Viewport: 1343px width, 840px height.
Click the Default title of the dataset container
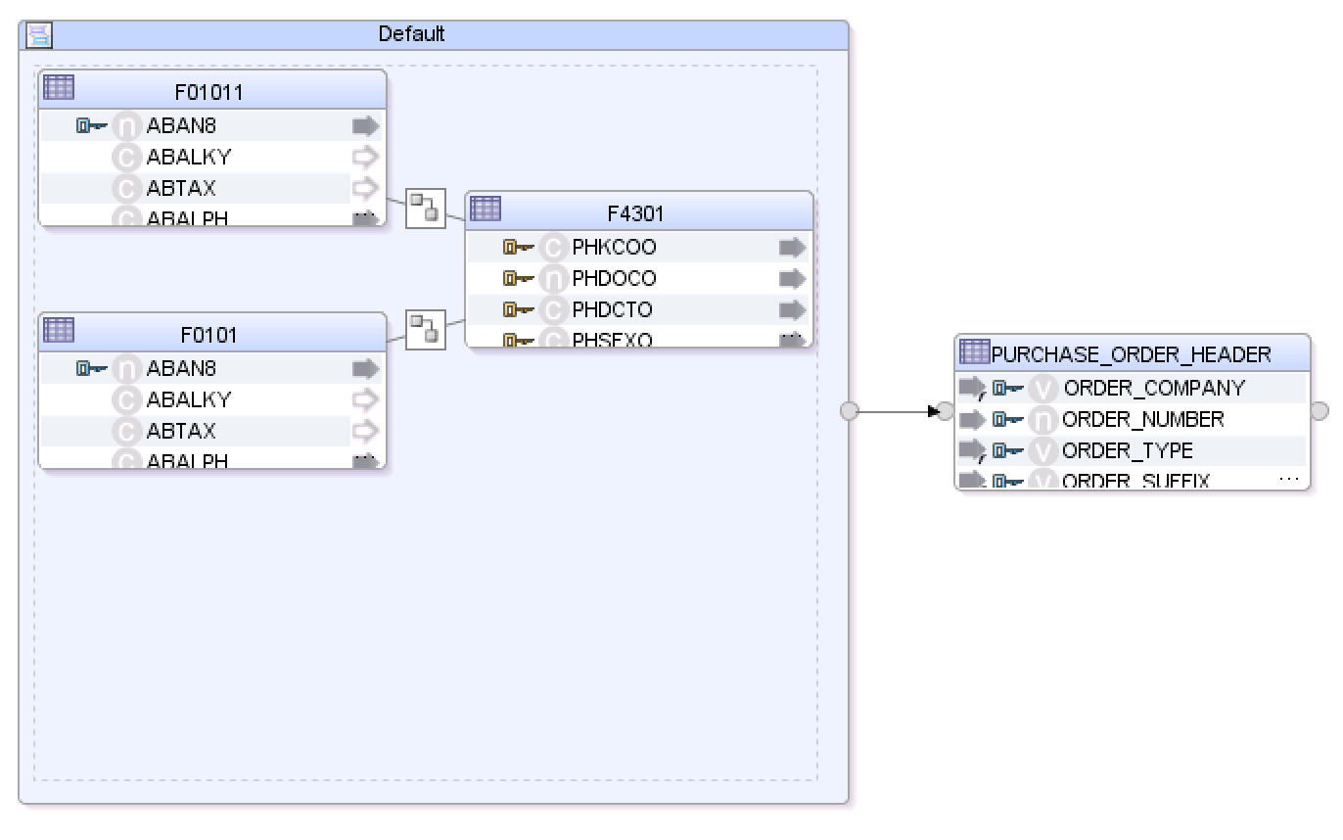pyautogui.click(x=411, y=34)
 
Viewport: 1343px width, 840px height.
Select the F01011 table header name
pyautogui.click(x=208, y=93)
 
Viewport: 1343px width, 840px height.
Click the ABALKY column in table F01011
pyautogui.click(x=189, y=157)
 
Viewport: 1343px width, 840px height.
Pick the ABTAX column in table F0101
pyautogui.click(x=181, y=431)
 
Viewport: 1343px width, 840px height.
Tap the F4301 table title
pyautogui.click(x=635, y=214)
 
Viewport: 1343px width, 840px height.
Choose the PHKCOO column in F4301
pyautogui.click(x=614, y=248)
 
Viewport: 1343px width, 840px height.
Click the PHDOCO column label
pyautogui.click(x=614, y=279)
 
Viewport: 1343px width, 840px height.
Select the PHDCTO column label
pyautogui.click(x=612, y=310)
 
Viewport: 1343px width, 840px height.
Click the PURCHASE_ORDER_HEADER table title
pyautogui.click(x=1131, y=354)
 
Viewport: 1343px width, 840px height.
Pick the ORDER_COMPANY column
pyautogui.click(x=1153, y=389)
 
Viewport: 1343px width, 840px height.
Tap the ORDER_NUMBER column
pyautogui.click(x=1142, y=420)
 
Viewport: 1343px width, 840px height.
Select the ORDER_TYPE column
pyautogui.click(x=1127, y=451)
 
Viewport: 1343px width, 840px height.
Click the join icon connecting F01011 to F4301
pyautogui.click(x=425, y=208)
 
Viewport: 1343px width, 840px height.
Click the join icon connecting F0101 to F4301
pyautogui.click(x=425, y=329)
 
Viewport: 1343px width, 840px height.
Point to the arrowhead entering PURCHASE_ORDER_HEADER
pyautogui.click(x=933, y=411)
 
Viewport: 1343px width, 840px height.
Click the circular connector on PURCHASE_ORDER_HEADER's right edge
pyautogui.click(x=1319, y=411)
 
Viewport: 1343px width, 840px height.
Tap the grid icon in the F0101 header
pyautogui.click(x=59, y=330)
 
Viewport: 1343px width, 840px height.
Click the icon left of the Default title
pyautogui.click(x=39, y=36)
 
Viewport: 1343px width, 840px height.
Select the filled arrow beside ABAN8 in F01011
pyautogui.click(x=365, y=125)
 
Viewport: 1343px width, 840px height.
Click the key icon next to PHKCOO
pyautogui.click(x=517, y=248)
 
